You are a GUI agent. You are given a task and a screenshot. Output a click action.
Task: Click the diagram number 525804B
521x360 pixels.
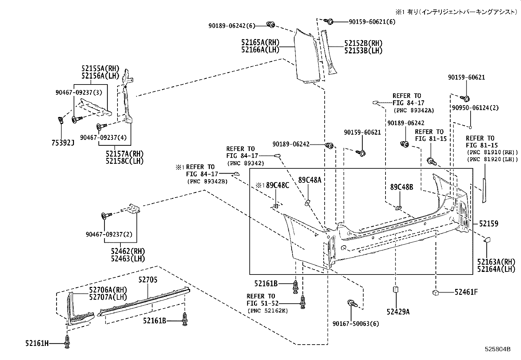[497, 349]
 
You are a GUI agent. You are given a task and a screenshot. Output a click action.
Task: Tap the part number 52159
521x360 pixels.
[489, 224]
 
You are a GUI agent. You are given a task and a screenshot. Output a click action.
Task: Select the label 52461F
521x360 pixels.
[466, 292]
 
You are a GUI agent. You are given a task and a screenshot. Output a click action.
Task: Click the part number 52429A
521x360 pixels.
[398, 312]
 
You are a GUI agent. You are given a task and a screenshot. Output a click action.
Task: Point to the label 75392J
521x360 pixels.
[63, 143]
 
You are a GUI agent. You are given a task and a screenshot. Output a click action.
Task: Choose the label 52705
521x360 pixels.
[148, 280]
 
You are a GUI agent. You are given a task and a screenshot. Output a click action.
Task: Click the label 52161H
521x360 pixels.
[37, 343]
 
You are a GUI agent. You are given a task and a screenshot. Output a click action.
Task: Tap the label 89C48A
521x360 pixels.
[310, 180]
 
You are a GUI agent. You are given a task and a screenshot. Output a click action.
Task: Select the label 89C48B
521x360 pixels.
[402, 187]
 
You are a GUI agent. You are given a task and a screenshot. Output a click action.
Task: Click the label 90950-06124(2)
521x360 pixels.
[475, 108]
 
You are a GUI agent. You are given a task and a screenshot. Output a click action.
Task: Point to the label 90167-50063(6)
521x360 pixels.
[356, 324]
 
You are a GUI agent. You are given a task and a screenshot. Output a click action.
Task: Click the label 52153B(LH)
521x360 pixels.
[363, 50]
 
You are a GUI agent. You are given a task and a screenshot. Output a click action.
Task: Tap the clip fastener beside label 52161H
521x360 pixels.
[67, 342]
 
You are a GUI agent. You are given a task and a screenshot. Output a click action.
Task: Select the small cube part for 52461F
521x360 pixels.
[436, 293]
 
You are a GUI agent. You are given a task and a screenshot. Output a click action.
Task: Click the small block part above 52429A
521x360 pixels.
[395, 290]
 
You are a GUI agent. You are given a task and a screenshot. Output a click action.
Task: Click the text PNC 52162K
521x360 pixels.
[268, 311]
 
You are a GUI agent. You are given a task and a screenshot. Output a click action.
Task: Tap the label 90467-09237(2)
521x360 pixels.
[109, 234]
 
